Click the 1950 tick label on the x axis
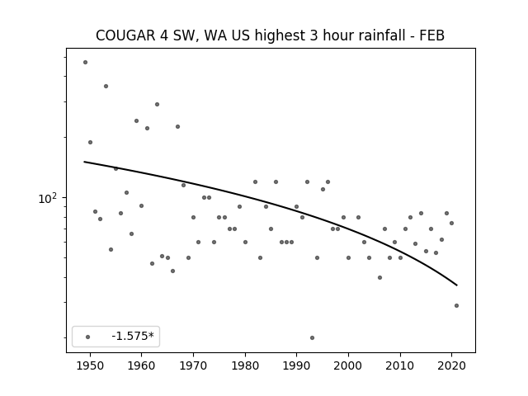click(x=90, y=365)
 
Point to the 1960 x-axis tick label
click(x=141, y=365)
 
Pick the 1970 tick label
click(x=193, y=365)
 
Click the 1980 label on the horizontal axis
click(x=245, y=365)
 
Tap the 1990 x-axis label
click(x=297, y=365)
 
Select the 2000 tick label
click(x=348, y=365)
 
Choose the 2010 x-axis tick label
click(x=400, y=365)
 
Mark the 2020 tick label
click(x=451, y=365)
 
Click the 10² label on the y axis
click(x=48, y=199)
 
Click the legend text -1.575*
click(x=133, y=336)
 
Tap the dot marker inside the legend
click(x=88, y=337)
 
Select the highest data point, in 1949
click(x=85, y=63)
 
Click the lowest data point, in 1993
click(x=312, y=337)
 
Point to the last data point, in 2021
click(x=456, y=306)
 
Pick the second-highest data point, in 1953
click(x=106, y=86)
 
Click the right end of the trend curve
click(x=457, y=285)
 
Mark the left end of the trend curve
click(x=84, y=162)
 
